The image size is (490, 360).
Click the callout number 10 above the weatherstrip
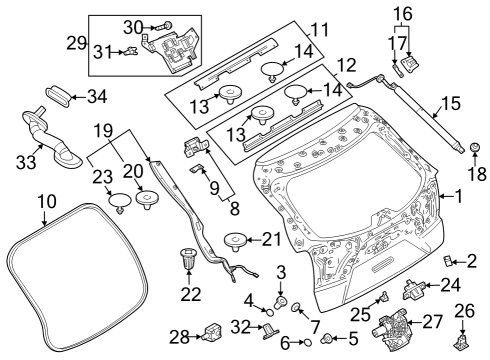point(47,202)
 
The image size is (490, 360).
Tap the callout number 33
point(26,162)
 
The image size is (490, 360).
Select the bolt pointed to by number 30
point(165,25)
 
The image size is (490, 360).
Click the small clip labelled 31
point(131,51)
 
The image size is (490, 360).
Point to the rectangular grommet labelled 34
point(57,96)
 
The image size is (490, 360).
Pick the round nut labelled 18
point(474,147)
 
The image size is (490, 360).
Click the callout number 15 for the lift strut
point(451,104)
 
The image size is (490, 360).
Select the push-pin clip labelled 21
point(235,242)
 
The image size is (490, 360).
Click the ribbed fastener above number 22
point(189,258)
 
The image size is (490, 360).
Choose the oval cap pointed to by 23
point(120,202)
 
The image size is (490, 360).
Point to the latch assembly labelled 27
point(390,329)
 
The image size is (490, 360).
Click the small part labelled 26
point(462,341)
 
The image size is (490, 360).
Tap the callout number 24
point(451,285)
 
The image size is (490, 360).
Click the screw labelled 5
point(327,339)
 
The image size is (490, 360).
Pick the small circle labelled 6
point(307,342)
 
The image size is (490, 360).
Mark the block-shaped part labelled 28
point(212,332)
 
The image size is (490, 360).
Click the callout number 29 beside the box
point(76,43)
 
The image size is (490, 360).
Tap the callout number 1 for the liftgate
point(459,196)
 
